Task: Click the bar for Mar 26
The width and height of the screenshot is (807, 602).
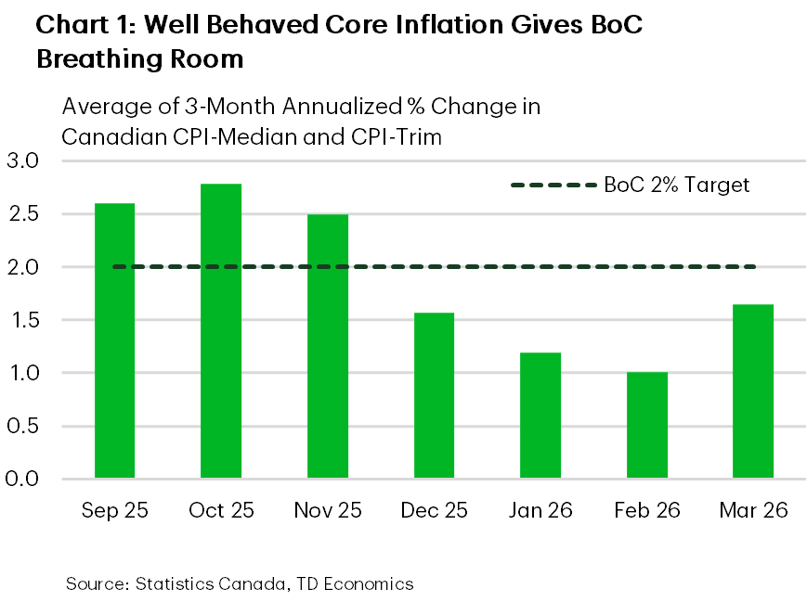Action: (752, 391)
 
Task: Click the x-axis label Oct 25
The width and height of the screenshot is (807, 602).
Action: (221, 510)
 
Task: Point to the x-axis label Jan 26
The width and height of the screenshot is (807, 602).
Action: (540, 510)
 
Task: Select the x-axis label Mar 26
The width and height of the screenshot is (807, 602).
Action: (752, 510)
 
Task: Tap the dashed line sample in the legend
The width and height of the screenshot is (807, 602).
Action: (553, 185)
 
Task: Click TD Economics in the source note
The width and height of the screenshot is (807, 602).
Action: (358, 583)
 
